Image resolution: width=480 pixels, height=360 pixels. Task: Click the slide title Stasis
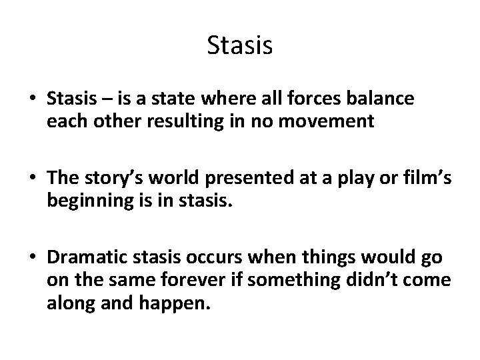click(239, 46)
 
